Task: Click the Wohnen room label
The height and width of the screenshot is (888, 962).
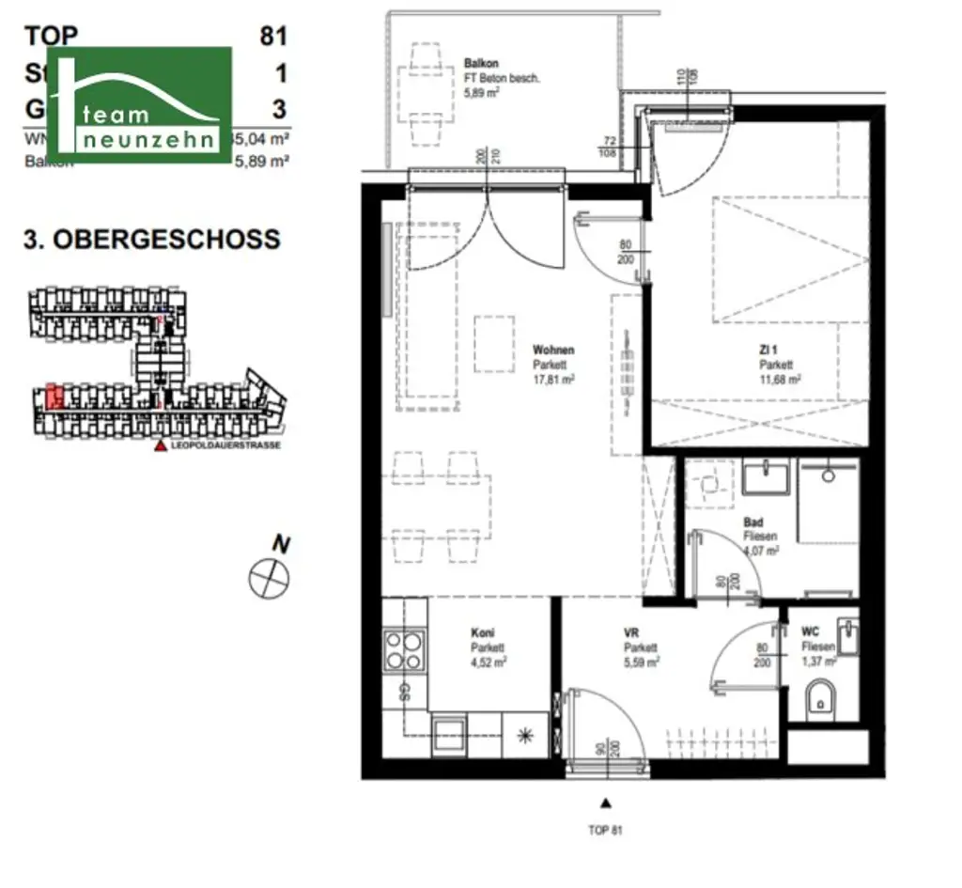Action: [x=552, y=350]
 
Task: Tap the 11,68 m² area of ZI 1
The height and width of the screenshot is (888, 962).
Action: [x=781, y=381]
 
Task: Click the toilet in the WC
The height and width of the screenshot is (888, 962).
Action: [x=821, y=699]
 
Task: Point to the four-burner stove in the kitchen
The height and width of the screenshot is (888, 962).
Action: [x=405, y=649]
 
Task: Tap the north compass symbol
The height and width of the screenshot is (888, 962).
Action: [x=270, y=576]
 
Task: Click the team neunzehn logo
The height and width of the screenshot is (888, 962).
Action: [x=142, y=103]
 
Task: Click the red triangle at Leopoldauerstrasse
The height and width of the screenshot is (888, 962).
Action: [x=161, y=446]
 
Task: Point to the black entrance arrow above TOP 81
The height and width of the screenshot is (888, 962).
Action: [x=606, y=803]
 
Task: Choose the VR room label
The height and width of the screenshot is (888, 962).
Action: [x=630, y=634]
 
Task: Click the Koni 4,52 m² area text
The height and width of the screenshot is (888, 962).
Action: [x=489, y=661]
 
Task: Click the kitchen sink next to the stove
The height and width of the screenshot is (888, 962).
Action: [x=446, y=734]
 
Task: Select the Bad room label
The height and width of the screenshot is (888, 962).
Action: [x=753, y=522]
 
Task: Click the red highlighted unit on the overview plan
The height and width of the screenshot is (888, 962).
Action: [x=54, y=396]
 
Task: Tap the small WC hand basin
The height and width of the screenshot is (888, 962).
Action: [x=847, y=636]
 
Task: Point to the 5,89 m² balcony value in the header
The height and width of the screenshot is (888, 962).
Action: [x=264, y=161]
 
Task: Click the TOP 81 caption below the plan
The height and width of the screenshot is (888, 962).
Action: [x=605, y=830]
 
